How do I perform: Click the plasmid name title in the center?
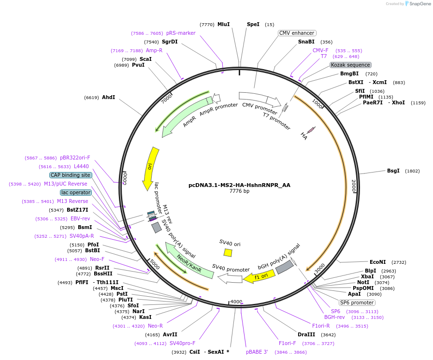coord(239,185)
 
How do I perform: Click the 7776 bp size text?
coord(239,191)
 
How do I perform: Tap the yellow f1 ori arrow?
coord(259,276)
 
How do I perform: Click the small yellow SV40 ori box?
coord(228,252)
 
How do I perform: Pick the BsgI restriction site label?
coord(393,171)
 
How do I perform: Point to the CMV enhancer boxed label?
coord(297,33)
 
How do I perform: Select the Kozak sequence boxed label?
coord(350,65)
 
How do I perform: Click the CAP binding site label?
coord(70,175)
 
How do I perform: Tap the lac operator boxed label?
coord(76,192)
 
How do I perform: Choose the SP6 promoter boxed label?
coord(357,302)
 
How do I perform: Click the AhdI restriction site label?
coord(108,97)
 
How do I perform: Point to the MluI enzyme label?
coord(223,24)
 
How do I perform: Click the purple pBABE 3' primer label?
coord(257,352)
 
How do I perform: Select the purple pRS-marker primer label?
coord(181,33)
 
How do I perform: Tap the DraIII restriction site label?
coord(306,334)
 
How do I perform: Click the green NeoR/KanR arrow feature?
coord(188,261)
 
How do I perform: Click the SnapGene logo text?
coord(419,3)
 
